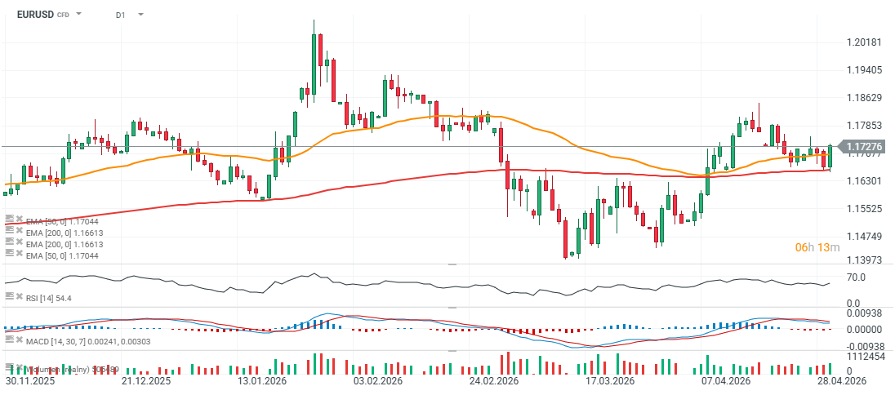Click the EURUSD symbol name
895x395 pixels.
[x=35, y=15]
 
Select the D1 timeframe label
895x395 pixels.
[x=120, y=15]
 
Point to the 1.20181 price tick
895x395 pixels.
[x=864, y=42]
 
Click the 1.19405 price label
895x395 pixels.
[x=864, y=69]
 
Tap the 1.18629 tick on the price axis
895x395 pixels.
[x=864, y=97]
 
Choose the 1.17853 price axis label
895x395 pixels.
[x=864, y=125]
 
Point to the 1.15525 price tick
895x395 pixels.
[x=864, y=208]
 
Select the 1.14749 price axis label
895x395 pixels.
[x=864, y=236]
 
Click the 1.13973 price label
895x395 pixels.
[x=864, y=260]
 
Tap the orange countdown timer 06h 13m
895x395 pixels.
[x=817, y=247]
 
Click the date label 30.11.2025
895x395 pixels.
[x=31, y=381]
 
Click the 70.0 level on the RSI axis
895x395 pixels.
[x=856, y=277]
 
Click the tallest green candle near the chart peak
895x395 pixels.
[x=314, y=61]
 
